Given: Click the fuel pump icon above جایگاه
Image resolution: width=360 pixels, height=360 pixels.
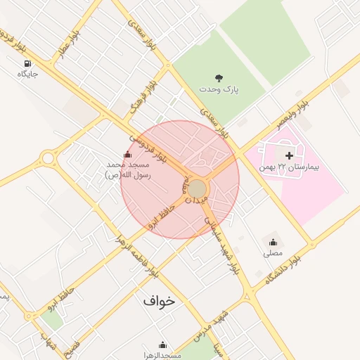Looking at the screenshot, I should click(26, 63).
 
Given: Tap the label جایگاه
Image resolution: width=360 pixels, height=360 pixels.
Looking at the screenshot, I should click(26, 73).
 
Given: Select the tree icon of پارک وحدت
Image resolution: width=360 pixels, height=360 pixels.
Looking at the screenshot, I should click(219, 78).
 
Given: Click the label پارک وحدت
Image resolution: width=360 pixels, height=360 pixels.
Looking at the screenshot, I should click(219, 90).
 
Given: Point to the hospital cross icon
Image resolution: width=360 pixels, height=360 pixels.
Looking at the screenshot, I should click(289, 155).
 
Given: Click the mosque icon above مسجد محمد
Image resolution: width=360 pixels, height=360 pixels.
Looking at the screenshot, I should click(127, 155).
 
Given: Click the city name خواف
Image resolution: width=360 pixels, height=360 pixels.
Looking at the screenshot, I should click(159, 300).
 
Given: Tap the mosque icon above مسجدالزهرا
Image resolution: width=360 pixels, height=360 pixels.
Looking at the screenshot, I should click(162, 345).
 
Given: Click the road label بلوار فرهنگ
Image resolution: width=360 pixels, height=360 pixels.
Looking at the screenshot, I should click(143, 98).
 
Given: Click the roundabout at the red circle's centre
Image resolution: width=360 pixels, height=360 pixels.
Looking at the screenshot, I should click(197, 189).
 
